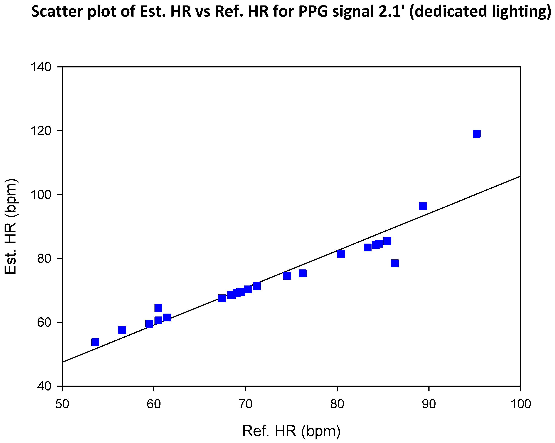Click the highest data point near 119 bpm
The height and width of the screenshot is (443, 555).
pyautogui.click(x=477, y=134)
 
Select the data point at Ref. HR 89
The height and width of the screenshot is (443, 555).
pyautogui.click(x=423, y=206)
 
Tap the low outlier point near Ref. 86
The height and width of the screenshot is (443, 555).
pyautogui.click(x=395, y=263)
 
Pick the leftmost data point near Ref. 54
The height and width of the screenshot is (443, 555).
pyautogui.click(x=95, y=342)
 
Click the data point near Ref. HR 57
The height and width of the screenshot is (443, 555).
pyautogui.click(x=122, y=330)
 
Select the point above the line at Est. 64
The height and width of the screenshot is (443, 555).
pyautogui.click(x=158, y=308)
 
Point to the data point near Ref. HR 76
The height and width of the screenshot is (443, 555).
pyautogui.click(x=302, y=273)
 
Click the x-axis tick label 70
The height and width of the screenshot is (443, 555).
pyautogui.click(x=245, y=404)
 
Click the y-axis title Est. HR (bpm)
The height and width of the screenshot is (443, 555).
pyautogui.click(x=11, y=226)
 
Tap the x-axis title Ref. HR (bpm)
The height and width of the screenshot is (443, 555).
pyautogui.click(x=291, y=431)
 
